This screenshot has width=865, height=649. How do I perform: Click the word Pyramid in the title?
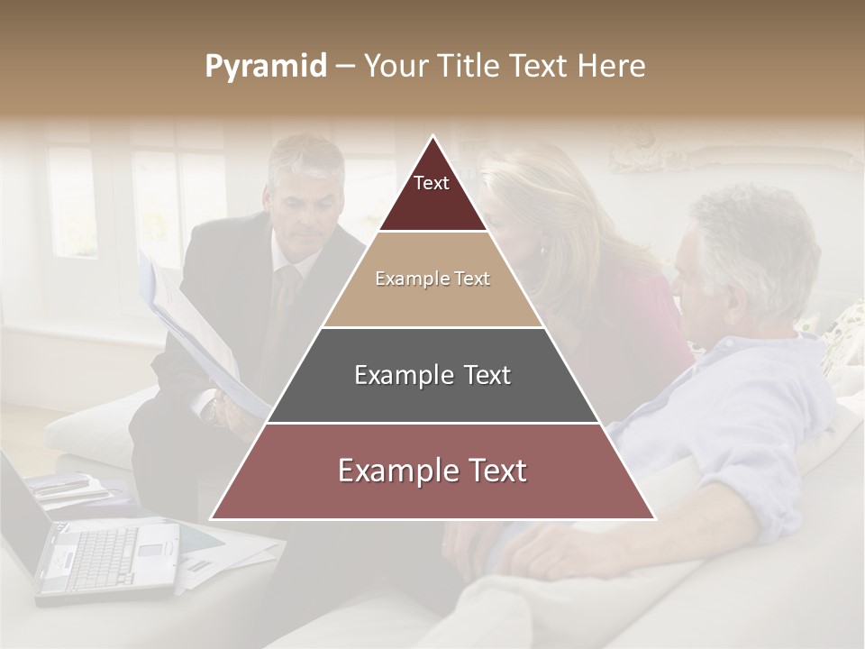tap(266, 67)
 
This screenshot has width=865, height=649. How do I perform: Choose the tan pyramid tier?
tap(432, 279)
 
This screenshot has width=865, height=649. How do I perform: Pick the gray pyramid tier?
tap(432, 375)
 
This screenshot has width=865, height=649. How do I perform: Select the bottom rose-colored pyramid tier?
tap(432, 471)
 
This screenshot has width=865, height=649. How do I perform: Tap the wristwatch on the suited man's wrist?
tap(210, 410)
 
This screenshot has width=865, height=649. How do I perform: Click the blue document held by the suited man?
tap(194, 334)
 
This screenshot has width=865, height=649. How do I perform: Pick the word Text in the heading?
tap(540, 67)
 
